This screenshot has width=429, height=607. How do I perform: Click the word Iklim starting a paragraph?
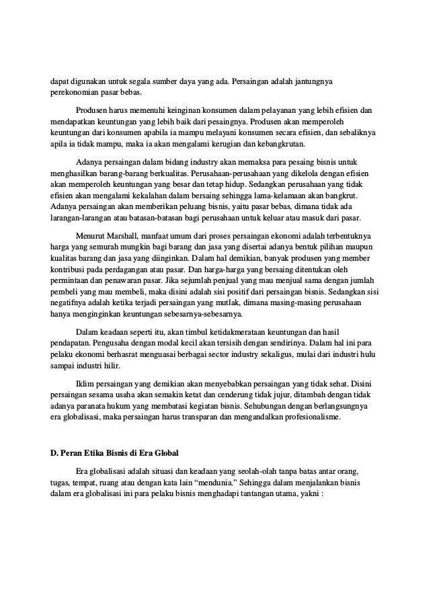coord(87,382)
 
